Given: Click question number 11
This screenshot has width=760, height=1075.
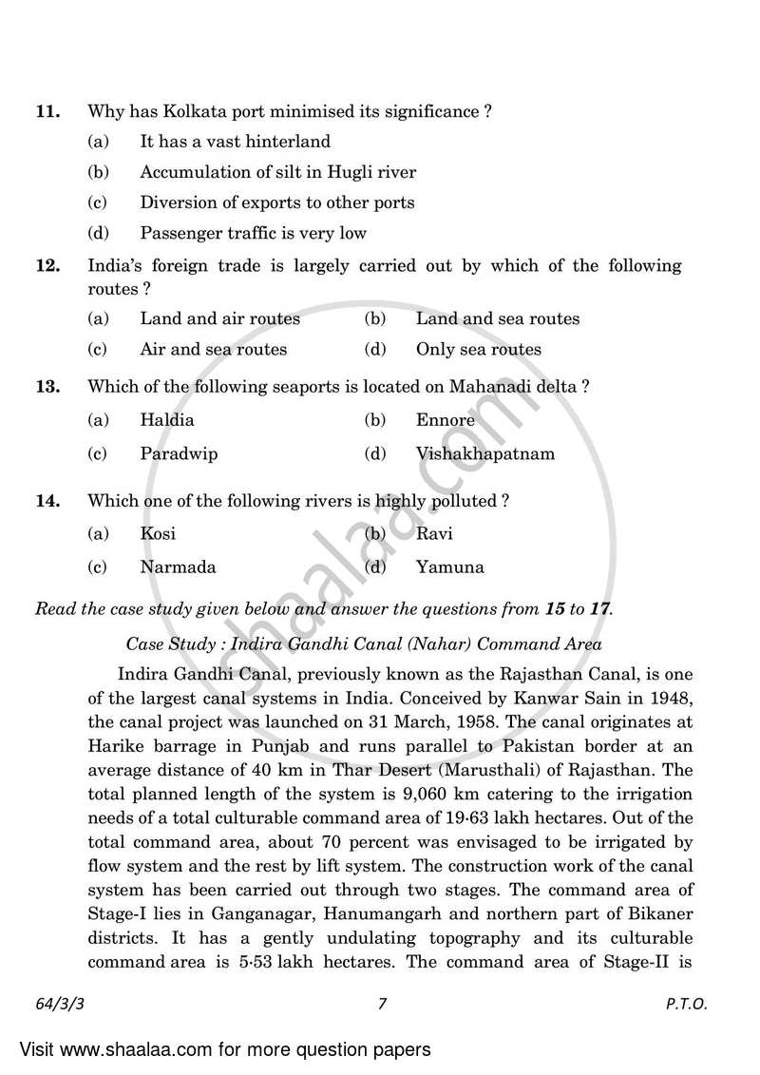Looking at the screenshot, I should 47,111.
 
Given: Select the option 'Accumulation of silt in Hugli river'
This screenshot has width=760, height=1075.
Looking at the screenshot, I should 277,172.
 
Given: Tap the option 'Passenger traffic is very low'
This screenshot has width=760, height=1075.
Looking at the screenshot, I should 253,233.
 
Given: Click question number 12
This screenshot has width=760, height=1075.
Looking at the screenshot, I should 47,266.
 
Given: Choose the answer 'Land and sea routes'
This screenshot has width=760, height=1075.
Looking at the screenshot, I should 497,318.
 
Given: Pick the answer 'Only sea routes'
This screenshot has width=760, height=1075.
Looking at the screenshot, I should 478,349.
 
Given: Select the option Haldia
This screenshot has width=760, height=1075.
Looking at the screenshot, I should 166,419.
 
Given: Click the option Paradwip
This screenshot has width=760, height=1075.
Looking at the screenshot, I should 179,453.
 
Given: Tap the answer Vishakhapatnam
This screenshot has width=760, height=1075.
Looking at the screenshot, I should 484,453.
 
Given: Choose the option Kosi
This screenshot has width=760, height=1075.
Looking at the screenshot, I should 158,533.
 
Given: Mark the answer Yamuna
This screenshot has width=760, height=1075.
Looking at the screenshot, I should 449,567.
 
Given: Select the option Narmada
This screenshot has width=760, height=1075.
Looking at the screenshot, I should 178,567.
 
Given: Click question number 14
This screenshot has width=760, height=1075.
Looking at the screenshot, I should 47,500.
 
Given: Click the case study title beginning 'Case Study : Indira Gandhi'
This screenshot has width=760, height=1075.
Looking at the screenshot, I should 364,643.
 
